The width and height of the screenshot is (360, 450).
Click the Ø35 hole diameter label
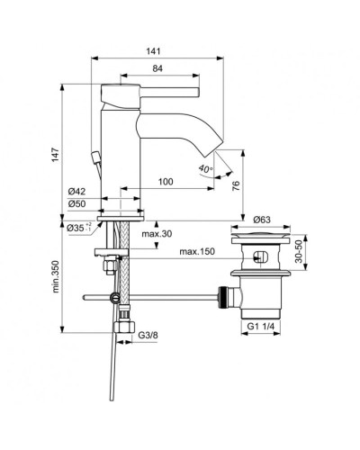[78, 228]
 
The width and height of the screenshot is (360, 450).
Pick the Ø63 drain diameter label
[263, 219]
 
